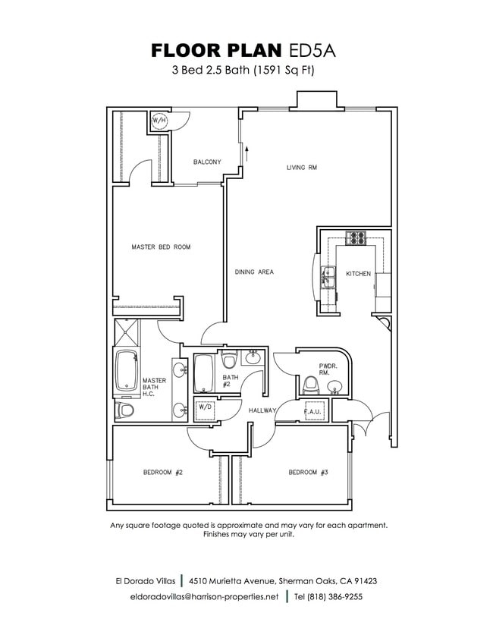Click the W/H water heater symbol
(x=159, y=121)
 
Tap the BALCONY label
(x=207, y=162)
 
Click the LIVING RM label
(x=301, y=168)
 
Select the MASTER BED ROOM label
(x=161, y=247)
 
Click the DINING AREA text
(x=254, y=272)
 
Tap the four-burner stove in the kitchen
(x=356, y=237)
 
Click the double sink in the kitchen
(x=329, y=278)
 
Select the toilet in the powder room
(x=309, y=387)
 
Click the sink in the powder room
(x=334, y=388)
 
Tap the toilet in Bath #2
(x=230, y=360)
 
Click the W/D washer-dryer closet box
(x=205, y=407)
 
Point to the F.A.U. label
(x=314, y=413)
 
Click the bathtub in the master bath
(x=125, y=372)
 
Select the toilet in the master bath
(x=125, y=410)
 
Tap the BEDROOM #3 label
(x=308, y=473)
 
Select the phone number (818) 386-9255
(x=328, y=597)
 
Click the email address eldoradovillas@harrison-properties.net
(x=205, y=597)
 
